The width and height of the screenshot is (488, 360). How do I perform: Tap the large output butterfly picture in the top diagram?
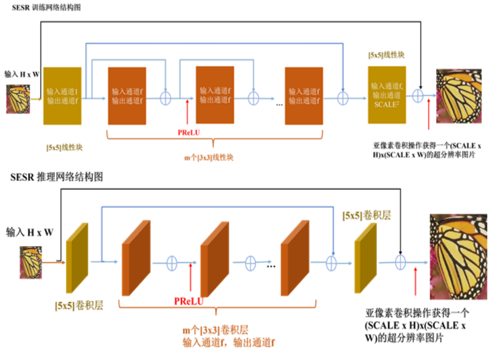(x=458, y=96)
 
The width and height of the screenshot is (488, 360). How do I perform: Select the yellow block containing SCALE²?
(x=387, y=94)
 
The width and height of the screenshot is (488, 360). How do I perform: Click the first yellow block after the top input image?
(x=62, y=95)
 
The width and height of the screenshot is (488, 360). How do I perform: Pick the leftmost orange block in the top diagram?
(x=127, y=96)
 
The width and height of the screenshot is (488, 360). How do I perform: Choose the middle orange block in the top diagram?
(x=214, y=94)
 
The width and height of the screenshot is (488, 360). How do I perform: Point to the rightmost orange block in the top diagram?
(x=304, y=95)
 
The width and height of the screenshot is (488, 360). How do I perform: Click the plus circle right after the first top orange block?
(x=165, y=97)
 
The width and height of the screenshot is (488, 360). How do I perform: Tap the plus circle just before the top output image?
(x=418, y=97)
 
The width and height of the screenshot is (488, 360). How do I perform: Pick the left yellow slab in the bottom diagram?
(x=77, y=258)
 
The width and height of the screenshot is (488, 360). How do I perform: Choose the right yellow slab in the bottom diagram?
(x=365, y=258)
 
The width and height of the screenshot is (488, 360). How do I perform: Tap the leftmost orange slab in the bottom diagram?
(x=136, y=258)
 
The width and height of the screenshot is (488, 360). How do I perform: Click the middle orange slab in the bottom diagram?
(x=214, y=258)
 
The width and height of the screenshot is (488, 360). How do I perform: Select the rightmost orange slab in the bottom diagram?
(x=295, y=258)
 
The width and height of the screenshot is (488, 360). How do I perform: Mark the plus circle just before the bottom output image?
(x=399, y=261)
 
